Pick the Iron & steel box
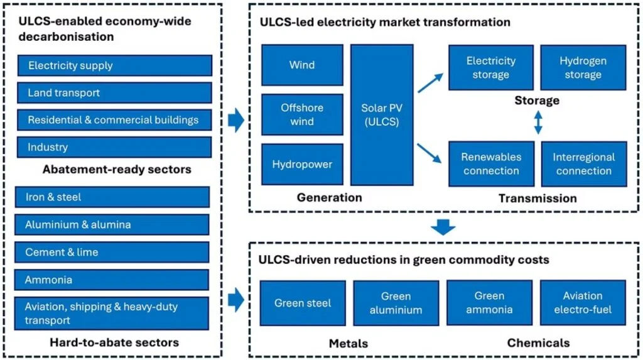tap(112, 197)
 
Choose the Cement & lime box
tap(112, 252)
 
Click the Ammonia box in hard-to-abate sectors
tap(112, 280)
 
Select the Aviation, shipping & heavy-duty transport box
tap(112, 314)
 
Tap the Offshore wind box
tap(302, 114)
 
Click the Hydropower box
tap(302, 165)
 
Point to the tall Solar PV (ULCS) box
tap(382, 114)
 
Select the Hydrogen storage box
tap(583, 68)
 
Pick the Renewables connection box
tap(491, 164)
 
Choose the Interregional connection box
tap(583, 164)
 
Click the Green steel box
tap(303, 303)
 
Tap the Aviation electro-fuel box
tap(583, 303)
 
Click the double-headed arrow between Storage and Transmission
tap(538, 123)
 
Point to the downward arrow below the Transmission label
tap(444, 226)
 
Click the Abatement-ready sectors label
tap(117, 170)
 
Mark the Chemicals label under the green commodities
tap(538, 343)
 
